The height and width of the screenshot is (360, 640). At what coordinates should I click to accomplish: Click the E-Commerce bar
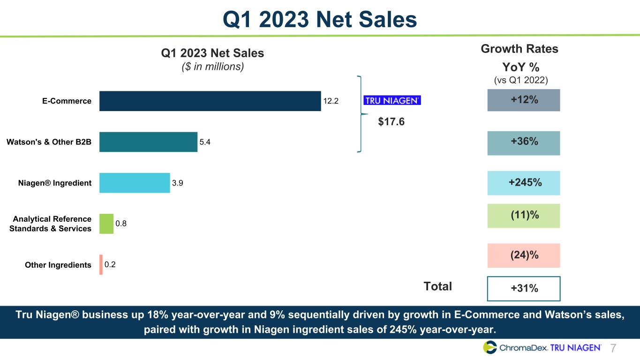(210, 101)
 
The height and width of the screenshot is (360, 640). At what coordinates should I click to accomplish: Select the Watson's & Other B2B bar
(148, 142)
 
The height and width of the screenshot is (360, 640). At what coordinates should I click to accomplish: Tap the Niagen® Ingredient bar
(135, 183)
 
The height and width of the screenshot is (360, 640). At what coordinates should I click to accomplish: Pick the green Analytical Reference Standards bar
(106, 224)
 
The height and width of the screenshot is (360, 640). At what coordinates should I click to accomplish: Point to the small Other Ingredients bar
(101, 265)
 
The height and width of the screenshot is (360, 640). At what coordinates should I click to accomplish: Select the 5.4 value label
(205, 142)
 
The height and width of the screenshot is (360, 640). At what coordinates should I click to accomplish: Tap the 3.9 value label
(178, 183)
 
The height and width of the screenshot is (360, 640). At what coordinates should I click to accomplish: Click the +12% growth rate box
(524, 100)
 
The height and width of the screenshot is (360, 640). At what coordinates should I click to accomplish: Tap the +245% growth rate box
(524, 183)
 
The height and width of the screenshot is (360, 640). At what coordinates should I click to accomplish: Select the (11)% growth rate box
(524, 216)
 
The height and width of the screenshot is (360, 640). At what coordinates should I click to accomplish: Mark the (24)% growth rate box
(524, 255)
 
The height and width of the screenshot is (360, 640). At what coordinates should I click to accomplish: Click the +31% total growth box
(524, 288)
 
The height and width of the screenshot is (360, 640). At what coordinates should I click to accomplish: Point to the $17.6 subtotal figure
(391, 122)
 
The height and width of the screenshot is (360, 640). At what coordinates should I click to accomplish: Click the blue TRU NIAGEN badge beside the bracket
(392, 100)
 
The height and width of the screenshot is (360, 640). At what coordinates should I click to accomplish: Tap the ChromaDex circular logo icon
(490, 347)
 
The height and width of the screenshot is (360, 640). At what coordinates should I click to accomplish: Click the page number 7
(614, 348)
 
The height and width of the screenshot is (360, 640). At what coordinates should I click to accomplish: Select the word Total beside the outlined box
(437, 286)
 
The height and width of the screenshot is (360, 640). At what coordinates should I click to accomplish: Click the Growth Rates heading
(520, 49)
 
